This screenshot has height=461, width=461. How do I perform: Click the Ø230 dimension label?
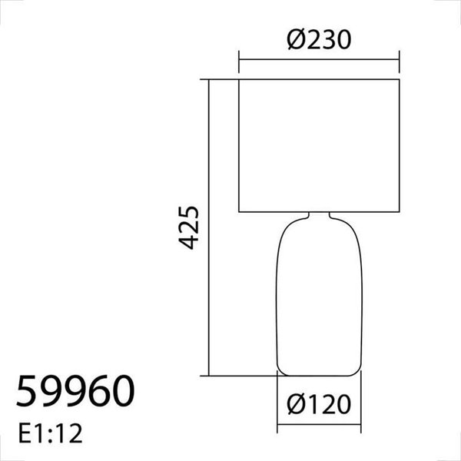[320, 39]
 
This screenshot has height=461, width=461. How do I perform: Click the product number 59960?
[75, 391]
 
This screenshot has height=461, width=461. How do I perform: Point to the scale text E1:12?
[48, 433]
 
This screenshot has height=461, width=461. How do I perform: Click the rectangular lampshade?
[319, 145]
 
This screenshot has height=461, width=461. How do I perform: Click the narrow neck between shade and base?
[319, 215]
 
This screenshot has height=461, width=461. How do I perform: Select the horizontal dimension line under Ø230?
[319, 58]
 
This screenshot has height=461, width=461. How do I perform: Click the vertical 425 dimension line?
[210, 230]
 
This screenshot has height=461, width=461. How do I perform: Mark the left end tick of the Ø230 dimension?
[239, 58]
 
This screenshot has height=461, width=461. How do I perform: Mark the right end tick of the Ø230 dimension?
[400, 58]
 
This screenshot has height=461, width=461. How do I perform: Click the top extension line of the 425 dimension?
[223, 79]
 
